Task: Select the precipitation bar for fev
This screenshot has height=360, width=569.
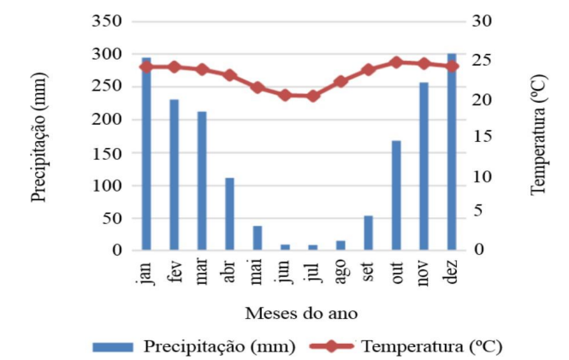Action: [175, 175]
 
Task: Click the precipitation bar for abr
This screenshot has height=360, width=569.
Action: [229, 214]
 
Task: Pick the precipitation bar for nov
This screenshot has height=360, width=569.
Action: [424, 166]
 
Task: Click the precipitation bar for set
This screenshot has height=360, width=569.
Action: [368, 233]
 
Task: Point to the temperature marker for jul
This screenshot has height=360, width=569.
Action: [312, 96]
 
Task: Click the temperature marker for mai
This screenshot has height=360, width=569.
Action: [257, 87]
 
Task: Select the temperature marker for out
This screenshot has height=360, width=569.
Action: [396, 62]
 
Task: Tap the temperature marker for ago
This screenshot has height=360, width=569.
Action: [341, 81]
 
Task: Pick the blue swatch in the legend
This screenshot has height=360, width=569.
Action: [111, 346]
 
